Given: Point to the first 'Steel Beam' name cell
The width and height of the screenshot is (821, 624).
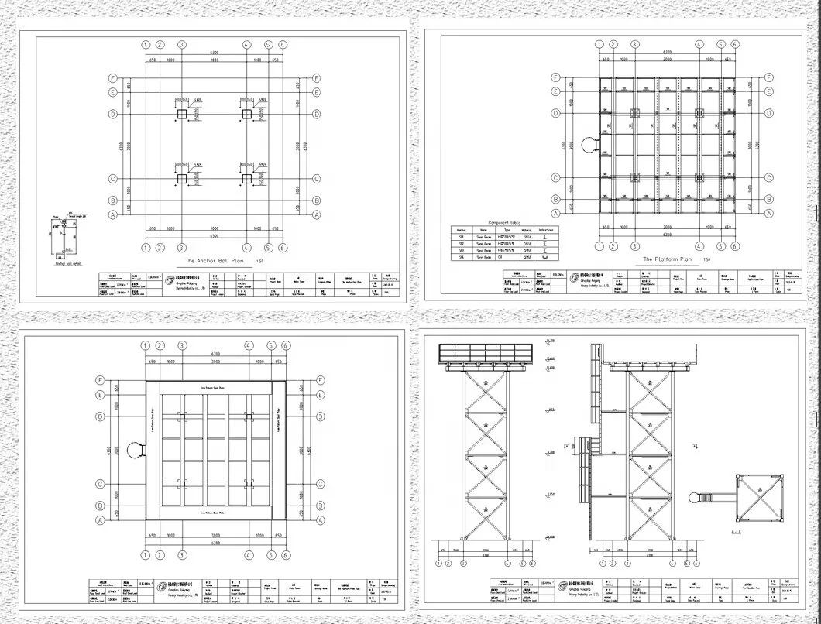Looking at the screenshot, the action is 485,237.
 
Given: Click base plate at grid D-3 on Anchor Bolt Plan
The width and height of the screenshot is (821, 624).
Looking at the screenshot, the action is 182,115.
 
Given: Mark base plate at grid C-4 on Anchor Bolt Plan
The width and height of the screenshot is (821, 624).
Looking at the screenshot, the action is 247,179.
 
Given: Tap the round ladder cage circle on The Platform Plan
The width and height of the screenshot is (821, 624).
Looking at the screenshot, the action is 589,145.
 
